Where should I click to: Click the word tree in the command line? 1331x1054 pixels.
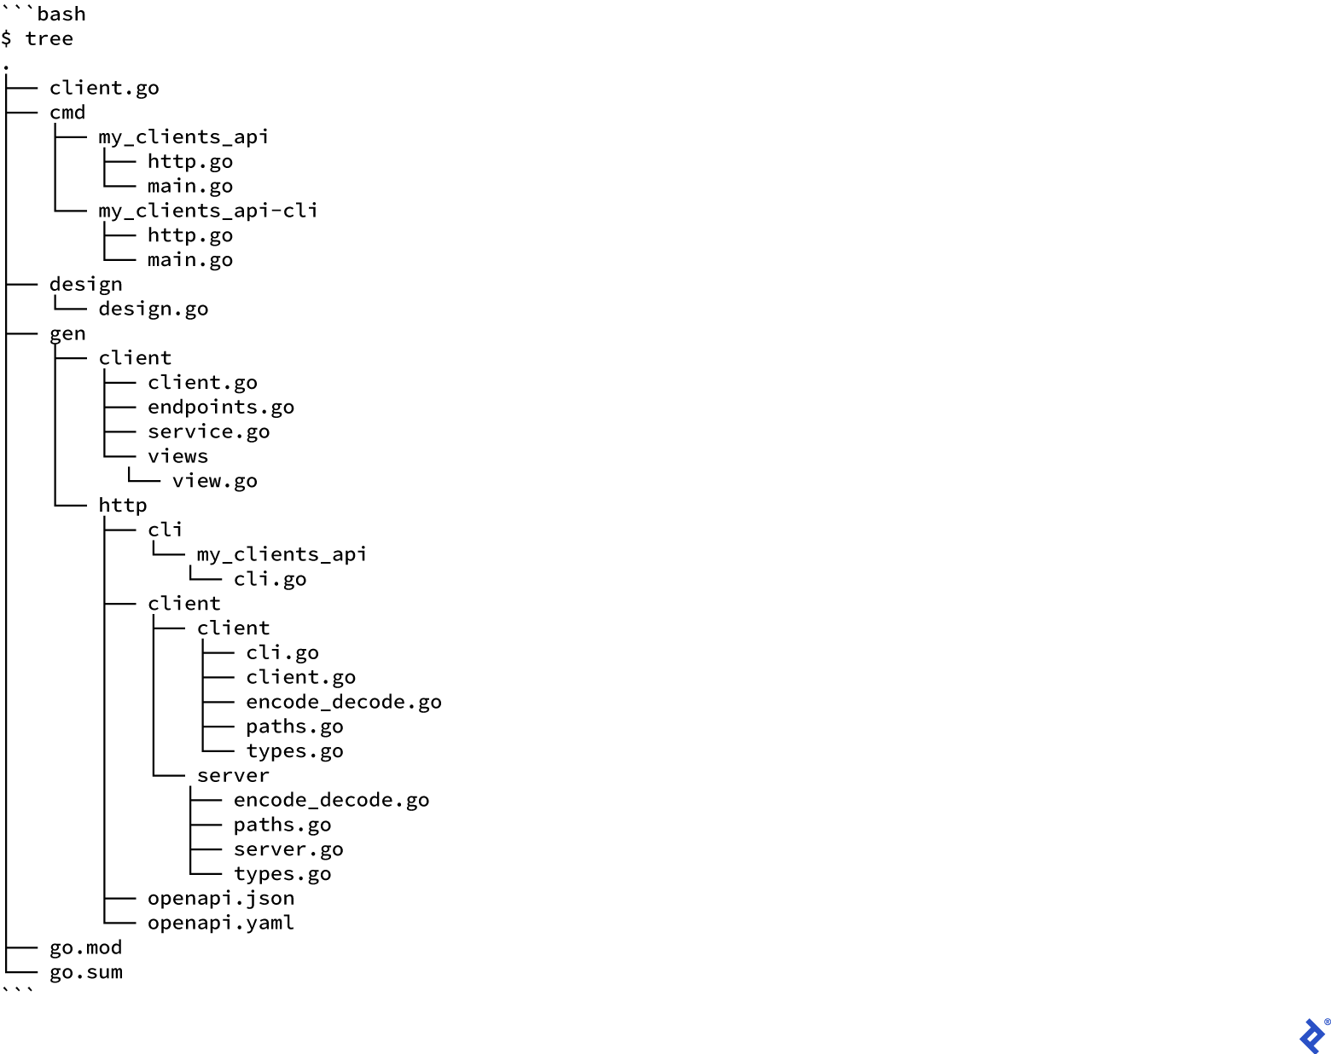tap(49, 39)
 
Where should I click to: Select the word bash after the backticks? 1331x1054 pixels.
tap(61, 14)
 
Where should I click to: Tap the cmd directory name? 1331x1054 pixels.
tap(67, 113)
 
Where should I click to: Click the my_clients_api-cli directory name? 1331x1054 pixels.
tap(207, 211)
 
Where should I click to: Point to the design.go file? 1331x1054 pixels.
tap(153, 309)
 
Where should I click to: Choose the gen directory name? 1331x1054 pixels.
tap(67, 333)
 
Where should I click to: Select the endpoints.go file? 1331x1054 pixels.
tap(220, 408)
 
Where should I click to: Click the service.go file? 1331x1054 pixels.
tap(208, 432)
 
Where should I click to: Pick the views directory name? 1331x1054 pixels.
tap(177, 456)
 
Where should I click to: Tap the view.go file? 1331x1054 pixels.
tap(214, 481)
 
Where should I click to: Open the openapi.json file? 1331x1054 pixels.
tap(220, 899)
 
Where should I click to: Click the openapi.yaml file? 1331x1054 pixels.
tap(220, 924)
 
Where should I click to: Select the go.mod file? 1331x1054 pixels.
tap(85, 948)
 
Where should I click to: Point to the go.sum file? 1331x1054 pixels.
tap(85, 973)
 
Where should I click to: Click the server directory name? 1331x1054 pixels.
tap(233, 776)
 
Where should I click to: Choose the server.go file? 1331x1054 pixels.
tap(288, 849)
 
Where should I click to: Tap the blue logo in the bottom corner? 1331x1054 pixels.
tap(1312, 1034)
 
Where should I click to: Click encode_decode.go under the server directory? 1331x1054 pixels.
tap(331, 801)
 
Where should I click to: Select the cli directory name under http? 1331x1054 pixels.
tap(165, 530)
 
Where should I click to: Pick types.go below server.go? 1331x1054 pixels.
tap(282, 874)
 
